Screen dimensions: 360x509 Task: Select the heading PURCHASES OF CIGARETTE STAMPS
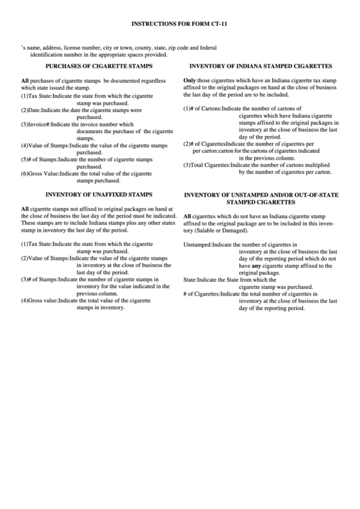click(98, 67)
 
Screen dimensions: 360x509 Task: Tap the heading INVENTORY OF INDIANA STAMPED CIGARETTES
click(260, 67)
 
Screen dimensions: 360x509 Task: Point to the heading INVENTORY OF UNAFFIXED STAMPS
click(98, 194)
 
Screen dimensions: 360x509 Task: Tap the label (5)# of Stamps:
click(39, 159)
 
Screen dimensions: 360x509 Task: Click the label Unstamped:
click(198, 244)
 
